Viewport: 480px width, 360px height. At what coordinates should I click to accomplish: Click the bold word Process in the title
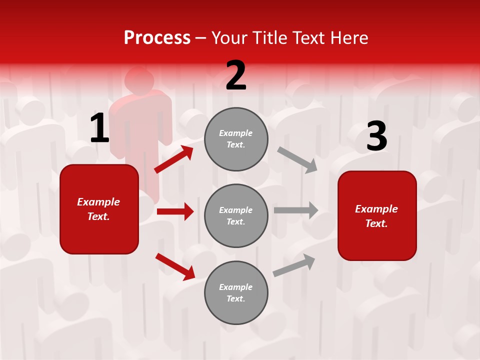point(157,38)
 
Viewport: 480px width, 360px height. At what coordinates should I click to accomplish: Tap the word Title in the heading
point(270,38)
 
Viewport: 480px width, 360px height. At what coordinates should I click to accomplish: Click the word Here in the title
point(349,38)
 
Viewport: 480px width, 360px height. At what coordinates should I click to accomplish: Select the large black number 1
point(99,128)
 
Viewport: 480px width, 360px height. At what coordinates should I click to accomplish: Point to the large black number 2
point(236,75)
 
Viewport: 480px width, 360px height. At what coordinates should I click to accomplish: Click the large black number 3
point(376,136)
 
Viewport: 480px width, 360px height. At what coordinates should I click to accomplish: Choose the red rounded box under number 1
point(99,209)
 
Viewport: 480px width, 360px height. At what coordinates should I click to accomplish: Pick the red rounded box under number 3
point(377,216)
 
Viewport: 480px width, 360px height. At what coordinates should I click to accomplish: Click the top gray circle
point(236,139)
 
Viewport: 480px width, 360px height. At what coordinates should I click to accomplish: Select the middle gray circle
point(236,216)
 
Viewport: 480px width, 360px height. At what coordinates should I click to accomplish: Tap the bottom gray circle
point(236,293)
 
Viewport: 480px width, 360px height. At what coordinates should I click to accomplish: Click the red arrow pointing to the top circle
point(174,159)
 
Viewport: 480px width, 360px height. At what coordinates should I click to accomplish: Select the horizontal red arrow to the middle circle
point(175,211)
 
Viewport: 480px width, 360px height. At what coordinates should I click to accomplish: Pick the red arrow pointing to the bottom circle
point(175,266)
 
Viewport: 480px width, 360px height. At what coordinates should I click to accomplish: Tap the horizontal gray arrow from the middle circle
point(296,210)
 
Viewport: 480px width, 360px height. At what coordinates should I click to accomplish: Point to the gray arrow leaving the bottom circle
point(294,265)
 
